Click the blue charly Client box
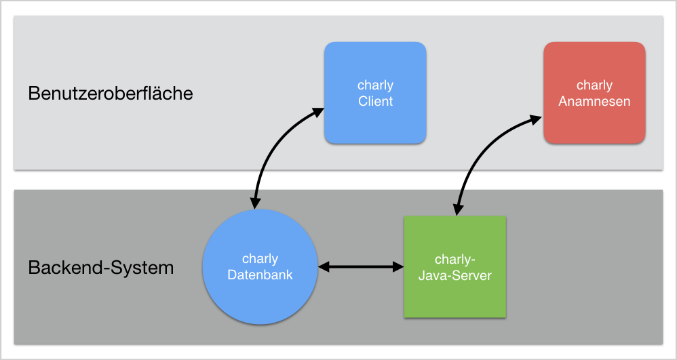pyautogui.click(x=375, y=93)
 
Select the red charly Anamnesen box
pyautogui.click(x=594, y=93)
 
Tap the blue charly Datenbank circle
pyautogui.click(x=260, y=266)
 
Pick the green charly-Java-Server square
pyautogui.click(x=454, y=266)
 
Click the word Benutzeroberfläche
pyautogui.click(x=111, y=94)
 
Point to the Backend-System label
pyautogui.click(x=101, y=268)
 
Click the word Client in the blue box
pyautogui.click(x=376, y=102)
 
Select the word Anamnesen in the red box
pyautogui.click(x=594, y=102)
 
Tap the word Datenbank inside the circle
pyautogui.click(x=260, y=275)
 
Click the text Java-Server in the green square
pyautogui.click(x=455, y=275)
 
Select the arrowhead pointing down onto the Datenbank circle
pyautogui.click(x=255, y=203)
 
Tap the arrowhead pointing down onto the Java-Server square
pyautogui.click(x=457, y=209)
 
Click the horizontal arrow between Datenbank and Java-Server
pyautogui.click(x=361, y=267)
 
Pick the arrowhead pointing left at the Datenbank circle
pyautogui.click(x=324, y=267)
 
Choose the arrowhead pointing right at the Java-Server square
pyautogui.click(x=398, y=267)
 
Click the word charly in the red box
pyautogui.click(x=594, y=85)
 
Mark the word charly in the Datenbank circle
pyautogui.click(x=260, y=259)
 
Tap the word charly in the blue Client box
pyautogui.click(x=376, y=85)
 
